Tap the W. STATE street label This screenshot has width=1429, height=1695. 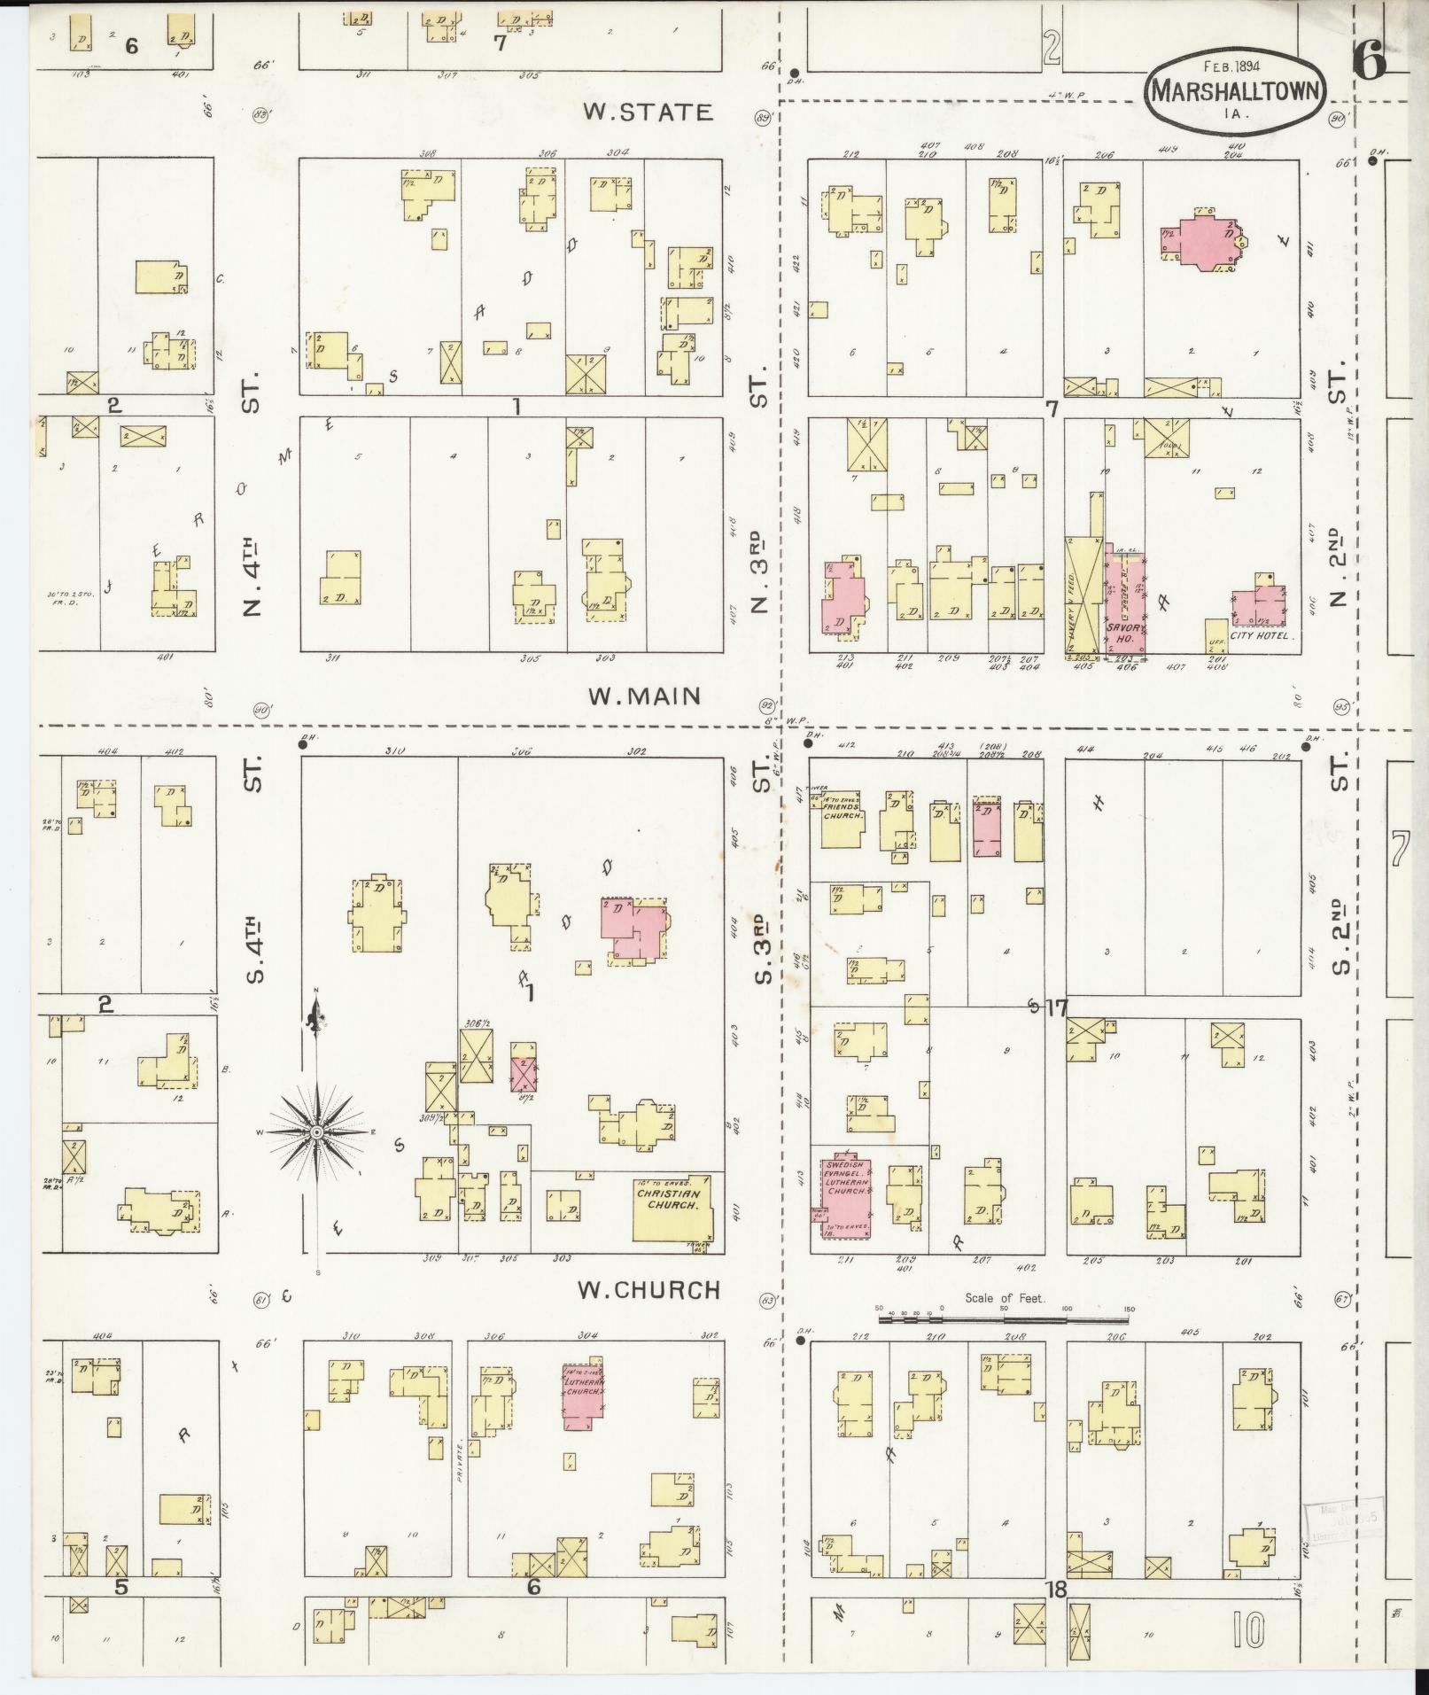648,113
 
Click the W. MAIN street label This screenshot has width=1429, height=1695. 644,696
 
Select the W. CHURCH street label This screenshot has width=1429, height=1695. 648,1290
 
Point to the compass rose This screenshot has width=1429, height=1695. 317,1132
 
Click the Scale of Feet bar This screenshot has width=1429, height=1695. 1005,1319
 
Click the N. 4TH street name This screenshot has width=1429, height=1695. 252,576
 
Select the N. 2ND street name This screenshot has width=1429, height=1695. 1340,567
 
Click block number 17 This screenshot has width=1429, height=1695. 1058,1007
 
